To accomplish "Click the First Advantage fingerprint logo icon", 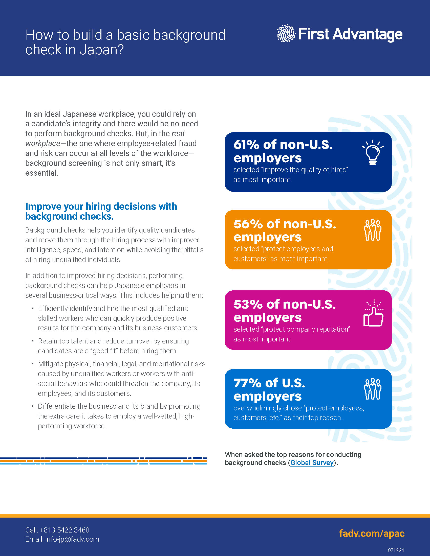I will point(286,33).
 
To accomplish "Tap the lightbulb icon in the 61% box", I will point(373,152).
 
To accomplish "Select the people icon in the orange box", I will point(372,230).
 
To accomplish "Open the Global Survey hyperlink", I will point(312,462).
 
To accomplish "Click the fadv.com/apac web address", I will point(372,533).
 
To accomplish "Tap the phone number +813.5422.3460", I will point(64,530).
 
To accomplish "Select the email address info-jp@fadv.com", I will point(72,539).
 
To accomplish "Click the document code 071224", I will point(396,550).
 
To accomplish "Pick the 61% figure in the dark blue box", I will point(246,145).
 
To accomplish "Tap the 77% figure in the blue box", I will point(247,383).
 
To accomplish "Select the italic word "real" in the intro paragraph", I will point(178,133).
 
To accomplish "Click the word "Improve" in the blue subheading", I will point(43,206).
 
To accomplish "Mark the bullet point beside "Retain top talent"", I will point(33,341).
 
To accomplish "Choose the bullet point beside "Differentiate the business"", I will point(33,406).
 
